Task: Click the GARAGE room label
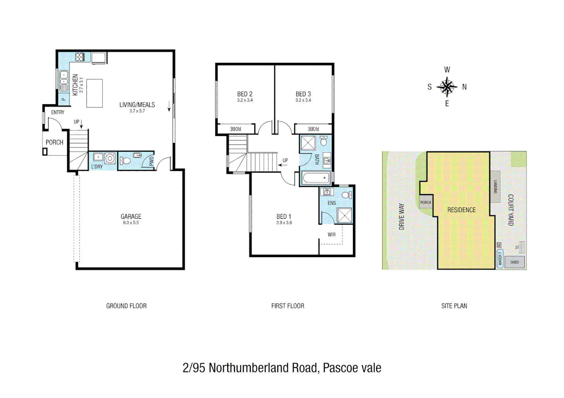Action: coord(131,217)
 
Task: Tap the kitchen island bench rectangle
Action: coord(94,93)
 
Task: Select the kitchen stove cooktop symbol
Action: coord(80,57)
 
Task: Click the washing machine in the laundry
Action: coord(110,158)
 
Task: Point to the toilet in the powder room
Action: coord(125,161)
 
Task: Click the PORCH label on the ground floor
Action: coord(54,142)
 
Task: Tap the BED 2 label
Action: coord(245,94)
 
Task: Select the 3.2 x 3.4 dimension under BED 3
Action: coord(303,100)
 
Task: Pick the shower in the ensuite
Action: coord(345,215)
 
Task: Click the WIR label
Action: coord(331,235)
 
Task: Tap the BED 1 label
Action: coord(284,217)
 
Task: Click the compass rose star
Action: coord(447,87)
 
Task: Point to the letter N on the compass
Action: coord(464,87)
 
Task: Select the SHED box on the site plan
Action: coord(515,262)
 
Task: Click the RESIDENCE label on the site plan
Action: coord(461,210)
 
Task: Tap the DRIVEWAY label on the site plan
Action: coord(402,217)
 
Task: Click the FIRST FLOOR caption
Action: coord(288,306)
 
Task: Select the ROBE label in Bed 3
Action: coord(313,129)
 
